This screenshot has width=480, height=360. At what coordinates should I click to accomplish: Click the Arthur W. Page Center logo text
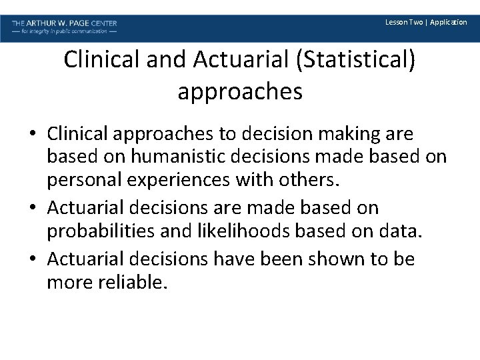pyautogui.click(x=64, y=23)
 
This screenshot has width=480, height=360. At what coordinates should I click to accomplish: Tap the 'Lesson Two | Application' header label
pyautogui.click(x=426, y=22)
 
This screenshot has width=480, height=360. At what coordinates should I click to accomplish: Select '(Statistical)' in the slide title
pyautogui.click(x=358, y=61)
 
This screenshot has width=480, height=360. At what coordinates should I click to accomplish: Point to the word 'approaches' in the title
pyautogui.click(x=240, y=91)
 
